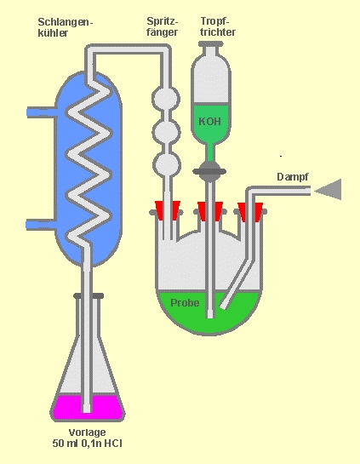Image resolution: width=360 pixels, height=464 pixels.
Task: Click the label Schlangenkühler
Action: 66,27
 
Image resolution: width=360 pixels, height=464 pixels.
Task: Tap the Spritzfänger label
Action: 163,26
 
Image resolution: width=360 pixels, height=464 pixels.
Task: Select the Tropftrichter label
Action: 218,26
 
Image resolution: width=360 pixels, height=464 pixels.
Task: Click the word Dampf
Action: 292,177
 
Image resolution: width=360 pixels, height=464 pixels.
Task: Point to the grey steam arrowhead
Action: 329,189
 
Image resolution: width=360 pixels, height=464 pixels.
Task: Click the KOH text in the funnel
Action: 209,122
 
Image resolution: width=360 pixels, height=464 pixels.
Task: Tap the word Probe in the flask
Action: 185,303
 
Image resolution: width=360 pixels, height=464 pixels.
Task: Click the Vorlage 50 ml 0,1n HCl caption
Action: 88,438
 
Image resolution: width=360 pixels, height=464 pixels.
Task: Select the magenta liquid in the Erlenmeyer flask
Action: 88,407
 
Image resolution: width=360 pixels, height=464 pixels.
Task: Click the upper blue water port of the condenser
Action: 41,112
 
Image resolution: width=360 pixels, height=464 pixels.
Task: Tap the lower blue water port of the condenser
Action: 41,225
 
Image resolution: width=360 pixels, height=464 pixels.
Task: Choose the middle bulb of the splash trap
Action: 166,132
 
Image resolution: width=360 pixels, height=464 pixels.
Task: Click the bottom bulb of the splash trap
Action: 167,164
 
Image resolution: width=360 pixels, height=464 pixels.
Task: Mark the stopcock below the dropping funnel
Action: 209,171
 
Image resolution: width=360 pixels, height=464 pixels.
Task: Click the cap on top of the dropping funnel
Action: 210,44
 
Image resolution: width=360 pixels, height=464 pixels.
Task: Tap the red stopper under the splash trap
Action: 168,210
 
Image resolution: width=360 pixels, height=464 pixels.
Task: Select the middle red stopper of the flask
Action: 210,211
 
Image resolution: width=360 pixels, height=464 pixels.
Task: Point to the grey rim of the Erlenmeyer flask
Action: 89,295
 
